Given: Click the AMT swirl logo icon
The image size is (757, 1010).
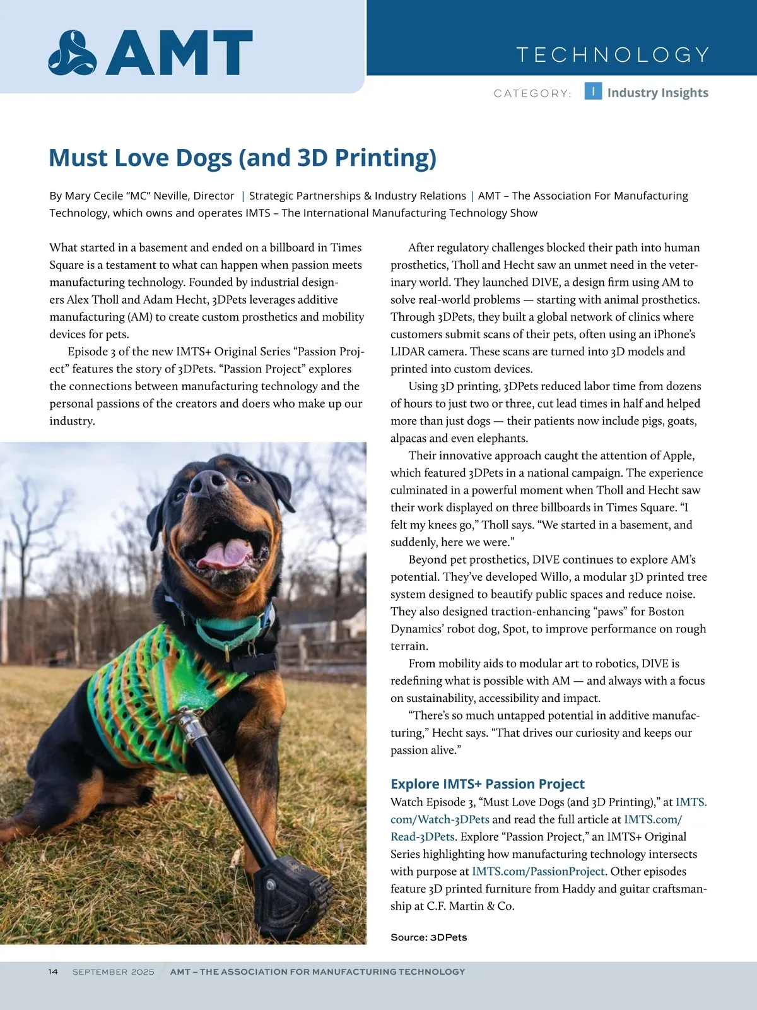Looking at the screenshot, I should (x=73, y=53).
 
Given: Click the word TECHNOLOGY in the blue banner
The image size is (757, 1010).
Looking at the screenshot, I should (x=613, y=55).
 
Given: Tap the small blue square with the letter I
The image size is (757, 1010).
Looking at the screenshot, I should (x=593, y=92).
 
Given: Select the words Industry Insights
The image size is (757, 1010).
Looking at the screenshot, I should (x=657, y=93).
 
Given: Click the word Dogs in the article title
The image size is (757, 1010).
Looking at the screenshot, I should (x=204, y=158).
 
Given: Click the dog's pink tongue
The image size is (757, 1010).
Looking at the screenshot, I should (x=224, y=554).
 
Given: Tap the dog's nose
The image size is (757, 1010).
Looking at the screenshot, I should (x=208, y=483).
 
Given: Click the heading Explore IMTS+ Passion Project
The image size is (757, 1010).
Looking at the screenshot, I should (x=487, y=784).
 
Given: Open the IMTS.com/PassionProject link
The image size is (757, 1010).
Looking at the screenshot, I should (x=538, y=871).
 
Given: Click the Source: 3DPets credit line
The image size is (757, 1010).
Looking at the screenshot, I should (x=428, y=937).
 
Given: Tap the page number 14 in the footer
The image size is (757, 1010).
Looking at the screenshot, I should (x=53, y=971).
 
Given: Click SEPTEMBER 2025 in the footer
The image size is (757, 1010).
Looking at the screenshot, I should (x=113, y=972).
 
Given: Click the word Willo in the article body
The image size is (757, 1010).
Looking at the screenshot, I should (x=555, y=576).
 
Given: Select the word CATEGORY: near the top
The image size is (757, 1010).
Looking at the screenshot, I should (x=532, y=93).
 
